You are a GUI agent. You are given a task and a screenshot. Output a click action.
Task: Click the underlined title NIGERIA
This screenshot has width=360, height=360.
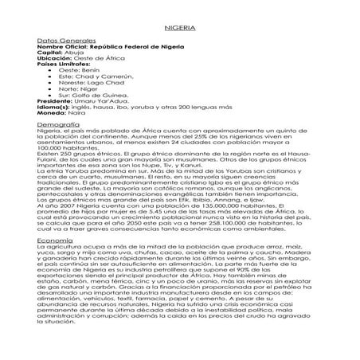coord(180,26)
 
